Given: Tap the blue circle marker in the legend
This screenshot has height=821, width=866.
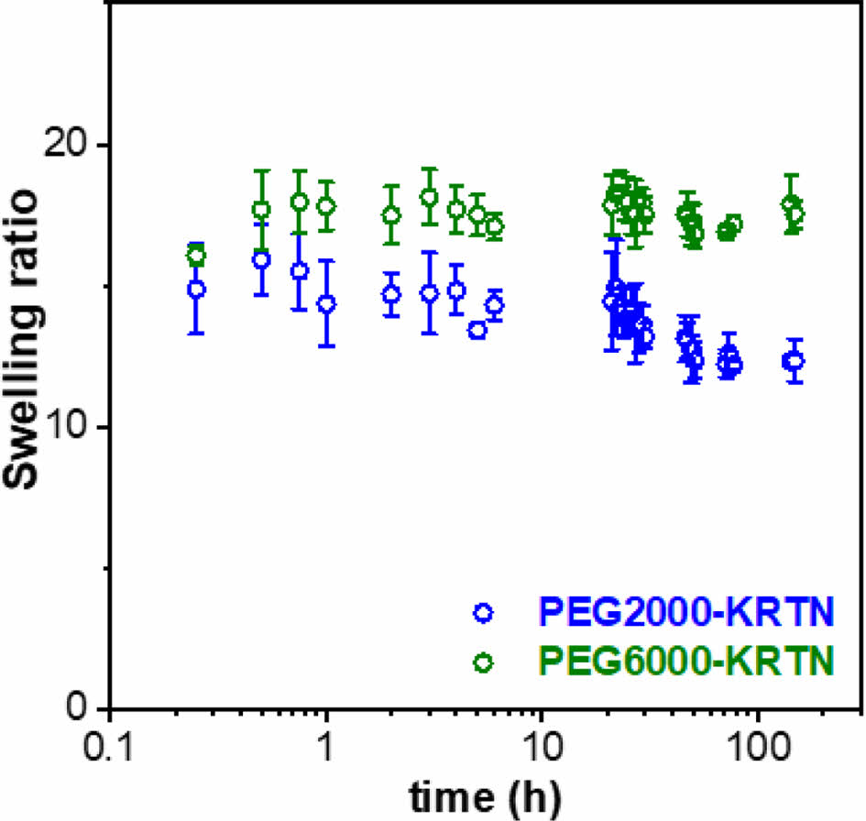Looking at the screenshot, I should click(484, 612).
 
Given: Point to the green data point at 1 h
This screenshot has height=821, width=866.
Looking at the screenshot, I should click(326, 205).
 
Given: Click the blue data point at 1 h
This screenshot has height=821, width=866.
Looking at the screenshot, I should click(326, 303).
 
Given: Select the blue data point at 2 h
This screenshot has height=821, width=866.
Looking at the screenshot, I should click(391, 294).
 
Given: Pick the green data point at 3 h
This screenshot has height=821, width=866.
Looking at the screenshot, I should click(429, 197).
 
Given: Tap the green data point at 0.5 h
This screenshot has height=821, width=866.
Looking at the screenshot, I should click(262, 210).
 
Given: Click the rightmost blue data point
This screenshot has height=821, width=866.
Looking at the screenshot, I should click(794, 361).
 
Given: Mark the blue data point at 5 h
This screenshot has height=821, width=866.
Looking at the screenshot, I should click(477, 331).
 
